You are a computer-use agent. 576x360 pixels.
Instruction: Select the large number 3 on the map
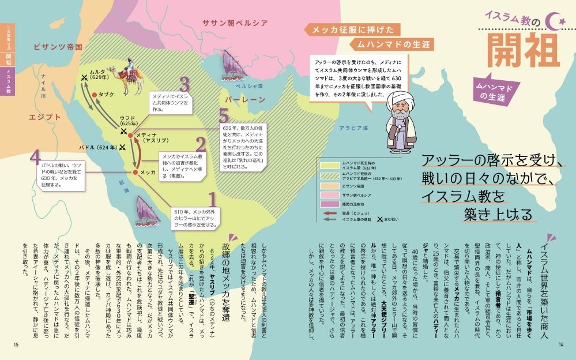185,85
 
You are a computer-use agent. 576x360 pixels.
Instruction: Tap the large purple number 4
36,158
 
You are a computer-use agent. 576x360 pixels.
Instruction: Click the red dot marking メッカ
135,172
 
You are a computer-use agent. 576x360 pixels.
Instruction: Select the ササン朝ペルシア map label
235,22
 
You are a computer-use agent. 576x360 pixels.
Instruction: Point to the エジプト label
46,117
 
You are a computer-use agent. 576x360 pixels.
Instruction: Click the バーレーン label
245,100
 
